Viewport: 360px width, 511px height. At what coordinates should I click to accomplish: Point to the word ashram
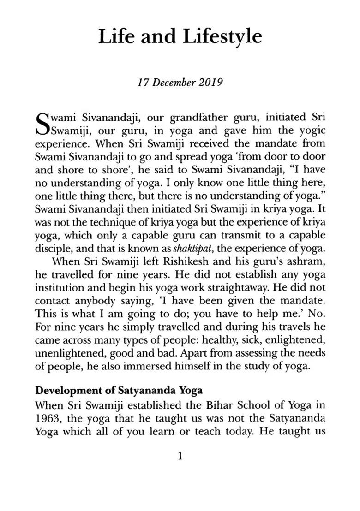pos(304,261)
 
